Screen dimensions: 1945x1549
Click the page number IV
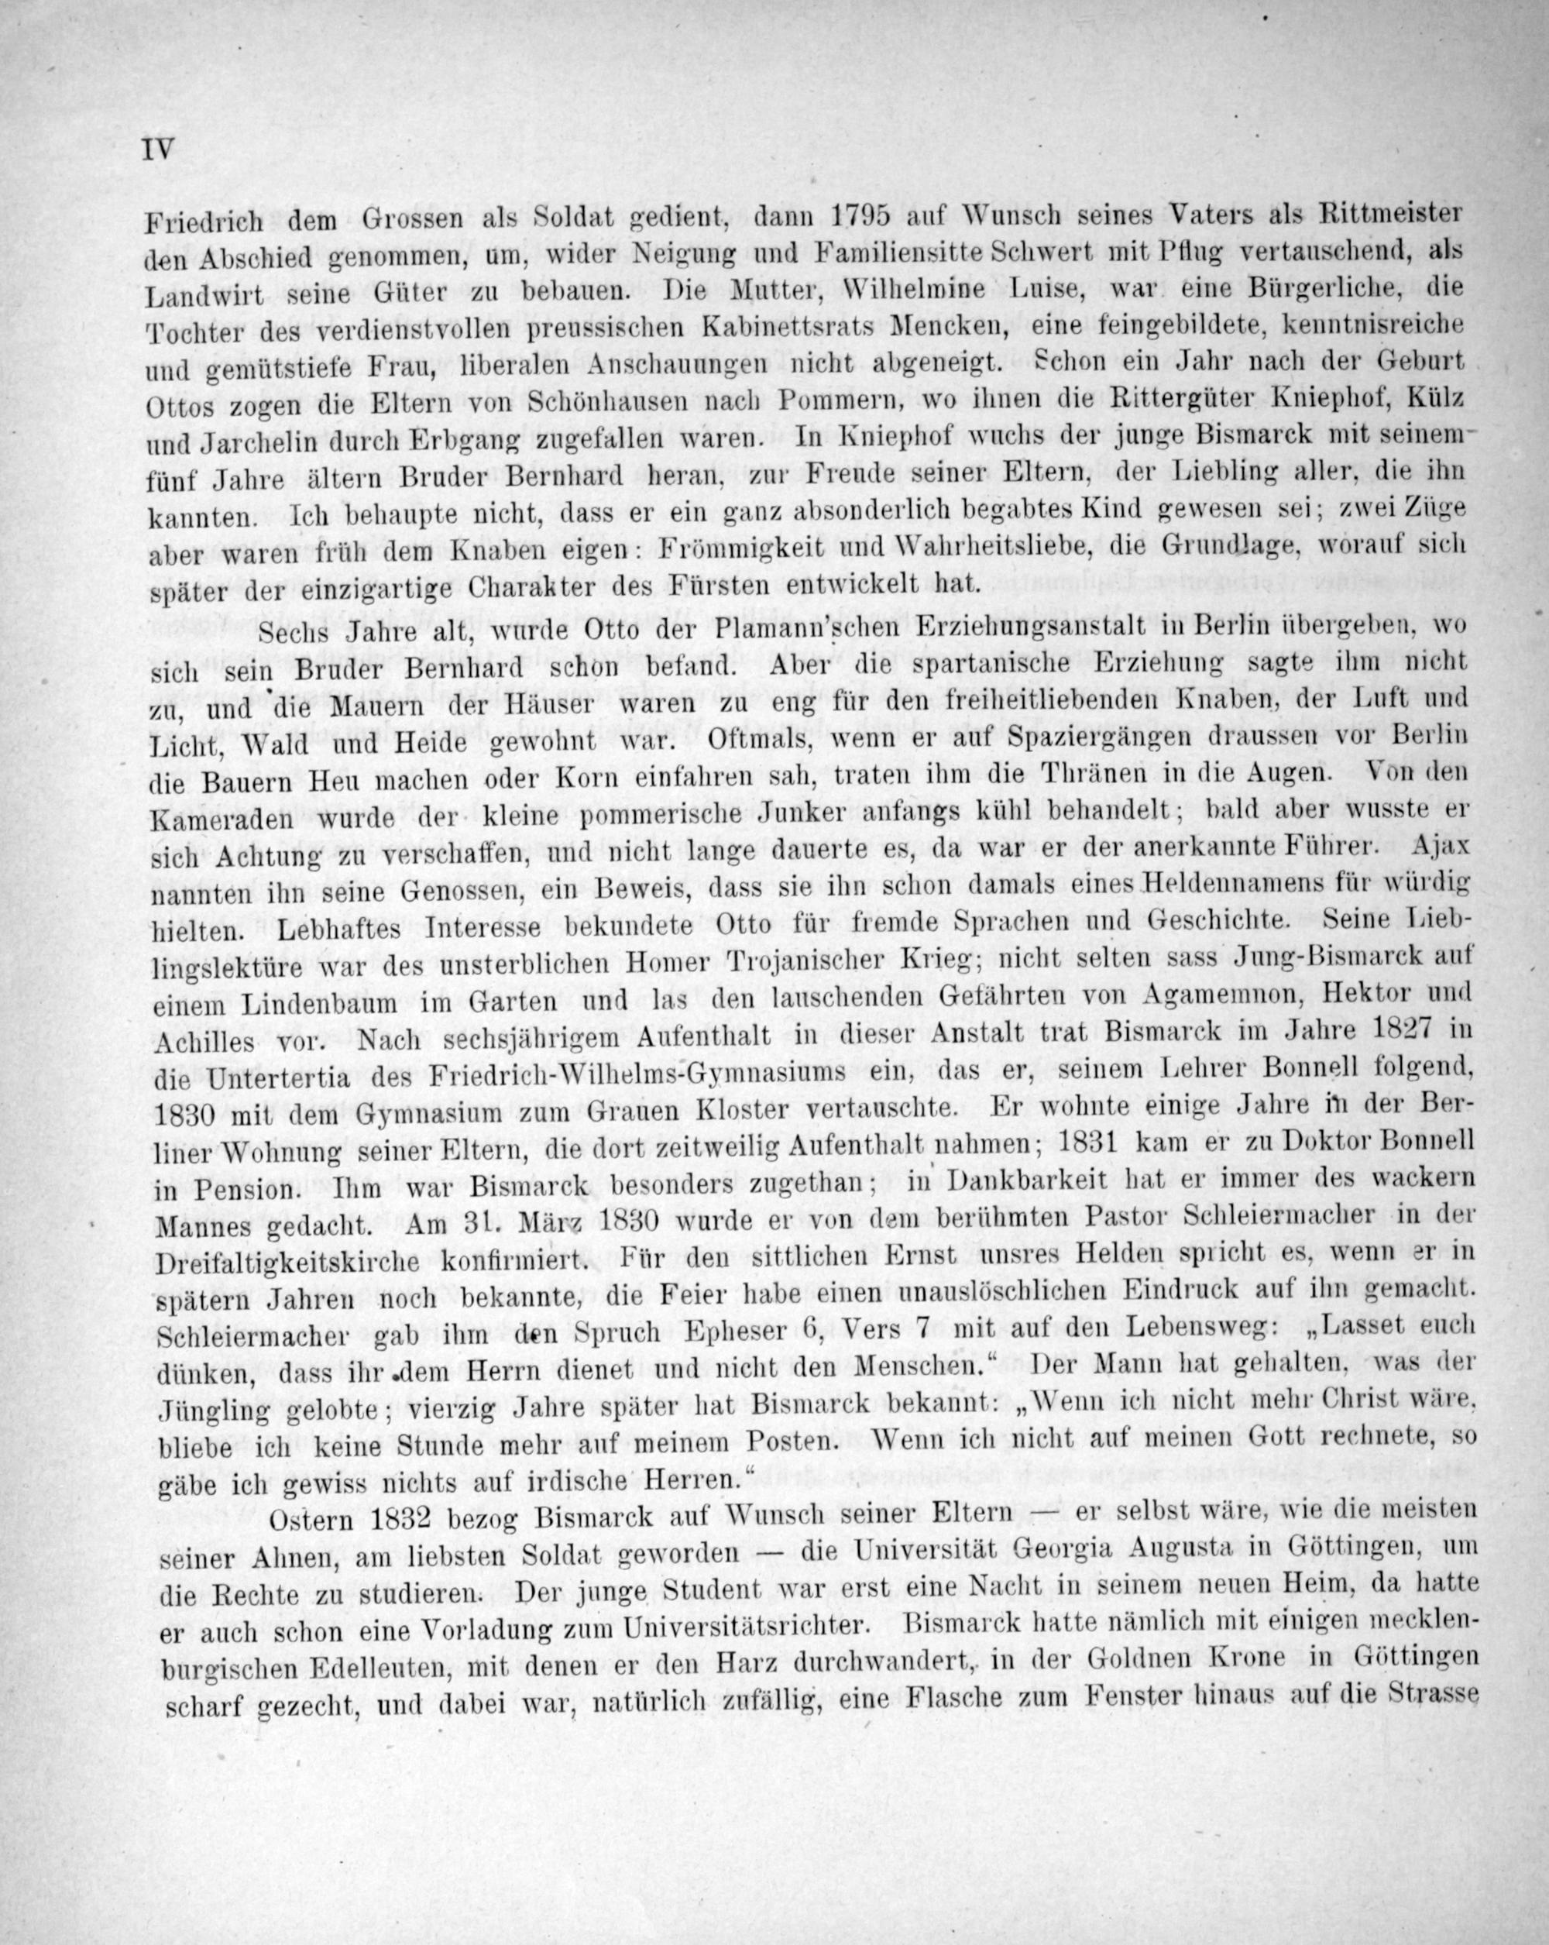tap(157, 149)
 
